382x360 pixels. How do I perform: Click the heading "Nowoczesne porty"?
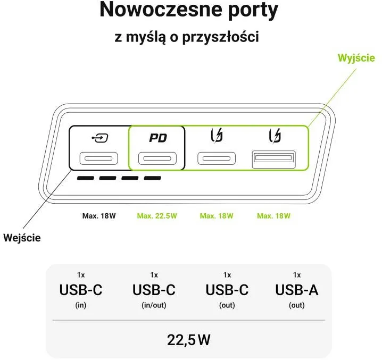189,10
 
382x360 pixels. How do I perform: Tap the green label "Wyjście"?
356,58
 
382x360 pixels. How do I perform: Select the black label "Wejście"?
22,238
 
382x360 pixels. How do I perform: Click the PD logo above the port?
158,138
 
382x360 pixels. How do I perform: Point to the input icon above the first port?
100,138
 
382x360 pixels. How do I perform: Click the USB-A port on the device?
274,160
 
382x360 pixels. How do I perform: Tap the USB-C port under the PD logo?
157,158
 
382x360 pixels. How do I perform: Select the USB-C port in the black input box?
98,158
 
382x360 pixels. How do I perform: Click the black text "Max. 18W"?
99,216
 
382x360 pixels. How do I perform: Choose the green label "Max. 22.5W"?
157,216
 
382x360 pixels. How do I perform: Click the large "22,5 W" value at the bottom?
188,340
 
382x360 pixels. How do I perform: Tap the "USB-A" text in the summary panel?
297,290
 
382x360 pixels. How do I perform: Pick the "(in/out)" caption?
154,305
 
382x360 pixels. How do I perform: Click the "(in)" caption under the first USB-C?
81,305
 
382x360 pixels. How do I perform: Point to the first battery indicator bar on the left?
86,178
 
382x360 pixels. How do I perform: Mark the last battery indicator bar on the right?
153,178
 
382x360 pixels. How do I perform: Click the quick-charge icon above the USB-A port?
275,136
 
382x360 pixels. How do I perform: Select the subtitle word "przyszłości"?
221,37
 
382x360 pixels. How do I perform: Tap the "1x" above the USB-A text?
297,275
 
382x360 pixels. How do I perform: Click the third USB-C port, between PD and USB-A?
217,158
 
